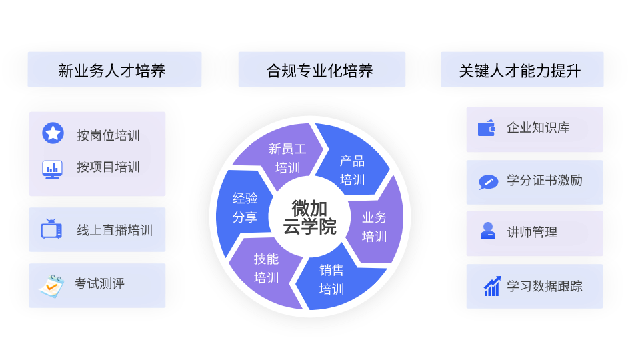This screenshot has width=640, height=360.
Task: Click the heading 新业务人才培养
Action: pyautogui.click(x=114, y=70)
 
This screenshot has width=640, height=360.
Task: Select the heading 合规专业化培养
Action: pyautogui.click(x=321, y=70)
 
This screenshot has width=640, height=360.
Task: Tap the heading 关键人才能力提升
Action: pyautogui.click(x=522, y=70)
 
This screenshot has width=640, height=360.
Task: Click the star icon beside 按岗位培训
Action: pyautogui.click(x=53, y=133)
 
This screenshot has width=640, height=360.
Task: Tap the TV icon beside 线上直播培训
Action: pyautogui.click(x=51, y=230)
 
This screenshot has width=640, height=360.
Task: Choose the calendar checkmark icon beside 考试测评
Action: pyautogui.click(x=50, y=285)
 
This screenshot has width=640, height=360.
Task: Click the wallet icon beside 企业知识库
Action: pyautogui.click(x=487, y=128)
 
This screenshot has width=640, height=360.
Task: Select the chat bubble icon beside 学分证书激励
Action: pyautogui.click(x=488, y=181)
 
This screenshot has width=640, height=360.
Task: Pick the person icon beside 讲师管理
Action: pyautogui.click(x=487, y=231)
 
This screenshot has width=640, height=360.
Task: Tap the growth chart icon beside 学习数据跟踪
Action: pyautogui.click(x=492, y=287)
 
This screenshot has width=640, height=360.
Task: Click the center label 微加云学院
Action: pyautogui.click(x=309, y=217)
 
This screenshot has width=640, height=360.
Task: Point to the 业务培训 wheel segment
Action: pyautogui.click(x=374, y=227)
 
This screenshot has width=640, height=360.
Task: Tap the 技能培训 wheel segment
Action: pyautogui.click(x=266, y=268)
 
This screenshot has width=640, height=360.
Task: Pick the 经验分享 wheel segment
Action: pyautogui.click(x=244, y=207)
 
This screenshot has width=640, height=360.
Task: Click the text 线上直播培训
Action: pyautogui.click(x=115, y=231)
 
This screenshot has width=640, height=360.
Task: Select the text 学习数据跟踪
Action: pyautogui.click(x=545, y=287)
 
